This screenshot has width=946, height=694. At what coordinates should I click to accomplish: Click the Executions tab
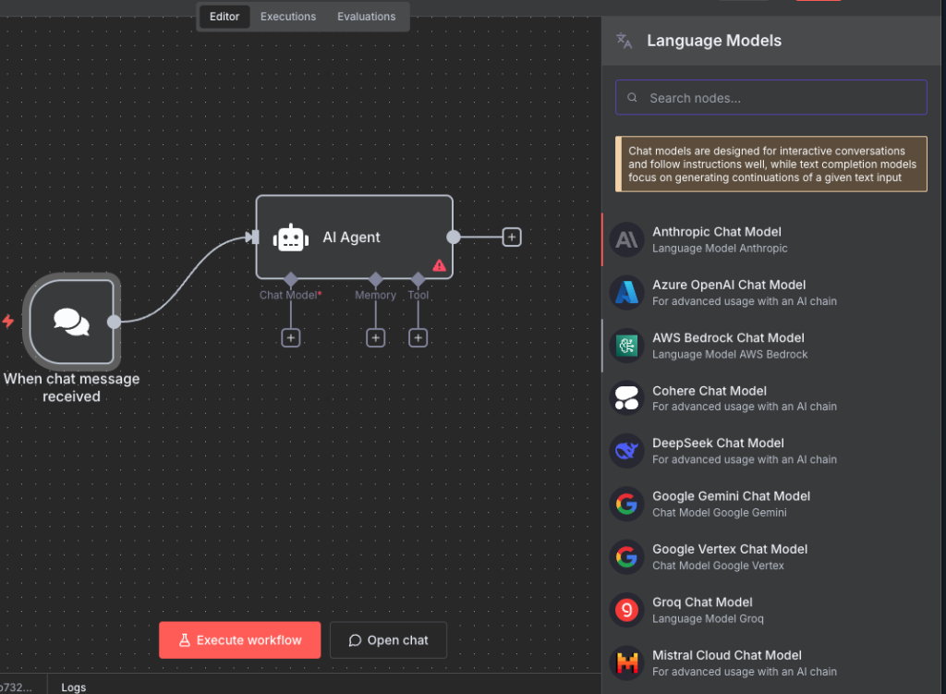coord(288,17)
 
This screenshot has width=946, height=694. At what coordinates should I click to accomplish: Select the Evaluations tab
coord(366,17)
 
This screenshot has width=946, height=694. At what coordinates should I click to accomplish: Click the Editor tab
coord(224,17)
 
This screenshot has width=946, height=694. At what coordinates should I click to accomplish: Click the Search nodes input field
coord(771,98)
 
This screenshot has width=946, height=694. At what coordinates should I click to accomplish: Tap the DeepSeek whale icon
coord(627,451)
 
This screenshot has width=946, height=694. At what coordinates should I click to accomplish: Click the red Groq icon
coord(627,610)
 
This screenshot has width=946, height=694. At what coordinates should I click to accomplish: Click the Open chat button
coord(389,640)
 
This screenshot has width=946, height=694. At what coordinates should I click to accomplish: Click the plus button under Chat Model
coord(291,338)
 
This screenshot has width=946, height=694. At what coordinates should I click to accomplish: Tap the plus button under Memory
coord(376,338)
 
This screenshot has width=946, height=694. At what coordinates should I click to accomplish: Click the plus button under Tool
coord(418,338)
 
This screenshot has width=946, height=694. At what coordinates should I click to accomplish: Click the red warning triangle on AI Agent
coord(439,265)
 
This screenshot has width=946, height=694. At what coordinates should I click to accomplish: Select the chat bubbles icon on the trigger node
coord(71,322)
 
